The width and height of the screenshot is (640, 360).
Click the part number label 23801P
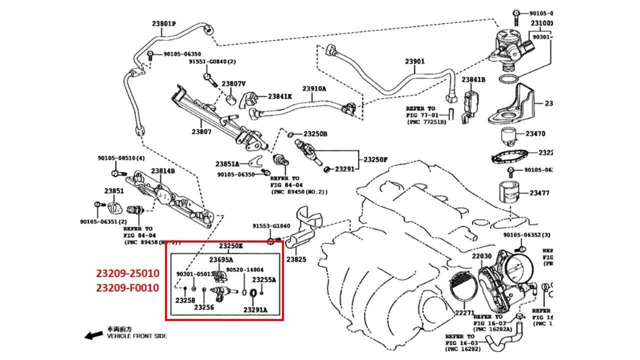(164, 23)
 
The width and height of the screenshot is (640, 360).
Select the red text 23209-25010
(127, 273)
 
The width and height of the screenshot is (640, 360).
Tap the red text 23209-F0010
(127, 288)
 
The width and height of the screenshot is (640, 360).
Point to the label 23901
(414, 62)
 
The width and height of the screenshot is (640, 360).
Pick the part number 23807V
(234, 84)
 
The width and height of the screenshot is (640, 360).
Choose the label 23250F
(375, 160)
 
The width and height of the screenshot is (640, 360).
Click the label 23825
(296, 260)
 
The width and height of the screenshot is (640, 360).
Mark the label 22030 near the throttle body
(482, 256)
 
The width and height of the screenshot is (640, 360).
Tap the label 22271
(464, 313)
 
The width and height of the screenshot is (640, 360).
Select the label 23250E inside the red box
(230, 246)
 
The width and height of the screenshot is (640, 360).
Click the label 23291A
(255, 310)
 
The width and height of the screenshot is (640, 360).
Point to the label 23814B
(163, 171)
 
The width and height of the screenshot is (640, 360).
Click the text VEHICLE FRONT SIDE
(137, 336)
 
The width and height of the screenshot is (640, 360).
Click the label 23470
(535, 134)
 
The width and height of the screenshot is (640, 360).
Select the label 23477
(539, 192)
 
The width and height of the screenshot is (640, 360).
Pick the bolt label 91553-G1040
(271, 226)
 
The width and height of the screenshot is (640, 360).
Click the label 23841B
(473, 79)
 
